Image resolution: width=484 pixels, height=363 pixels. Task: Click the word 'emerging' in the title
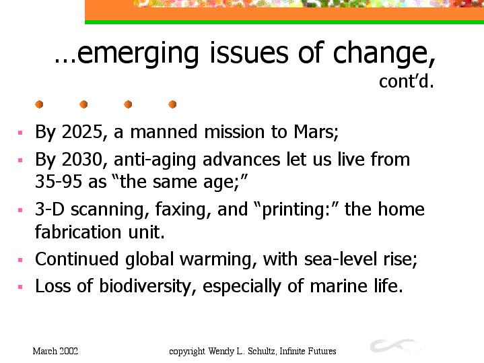tap(137, 55)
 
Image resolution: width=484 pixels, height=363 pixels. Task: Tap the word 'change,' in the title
tap(384, 53)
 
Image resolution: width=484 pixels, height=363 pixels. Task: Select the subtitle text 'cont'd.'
tap(407, 81)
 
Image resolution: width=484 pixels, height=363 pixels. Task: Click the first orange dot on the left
tap(39, 104)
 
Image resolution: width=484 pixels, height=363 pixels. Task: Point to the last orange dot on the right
tap(172, 104)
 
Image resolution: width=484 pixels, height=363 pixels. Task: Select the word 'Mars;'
tap(316, 132)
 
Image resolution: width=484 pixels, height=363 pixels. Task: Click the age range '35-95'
tap(59, 181)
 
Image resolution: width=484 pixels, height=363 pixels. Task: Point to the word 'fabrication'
tap(78, 232)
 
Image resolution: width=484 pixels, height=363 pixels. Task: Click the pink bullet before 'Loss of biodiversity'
tap(20, 287)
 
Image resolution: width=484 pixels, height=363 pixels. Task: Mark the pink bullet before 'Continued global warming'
tap(20, 260)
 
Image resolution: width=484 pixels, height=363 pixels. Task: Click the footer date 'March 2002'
tap(55, 352)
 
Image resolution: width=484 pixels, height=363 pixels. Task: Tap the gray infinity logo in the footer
tap(395, 345)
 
